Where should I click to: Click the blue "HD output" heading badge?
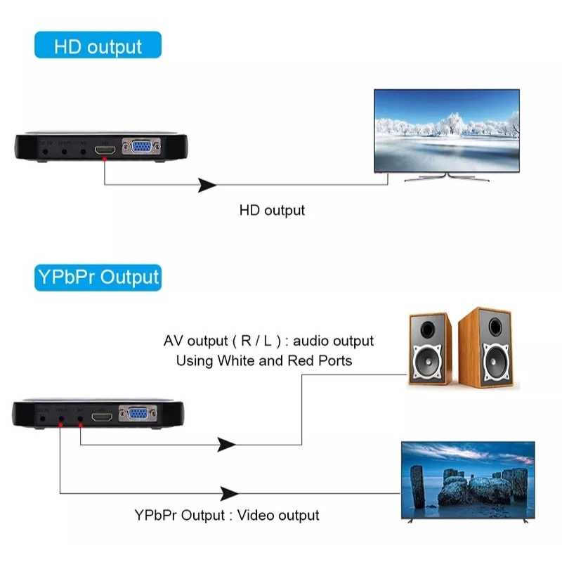pyautogui.click(x=98, y=46)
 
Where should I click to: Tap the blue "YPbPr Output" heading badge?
pyautogui.click(x=98, y=277)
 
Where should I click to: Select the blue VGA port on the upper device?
pyautogui.click(x=141, y=148)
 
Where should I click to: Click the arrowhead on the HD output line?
pyautogui.click(x=207, y=185)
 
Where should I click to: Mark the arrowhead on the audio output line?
pyautogui.click(x=226, y=445)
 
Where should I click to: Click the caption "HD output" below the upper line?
pyautogui.click(x=273, y=210)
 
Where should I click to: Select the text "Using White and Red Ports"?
pyautogui.click(x=264, y=361)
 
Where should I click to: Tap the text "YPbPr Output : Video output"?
pyautogui.click(x=227, y=515)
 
